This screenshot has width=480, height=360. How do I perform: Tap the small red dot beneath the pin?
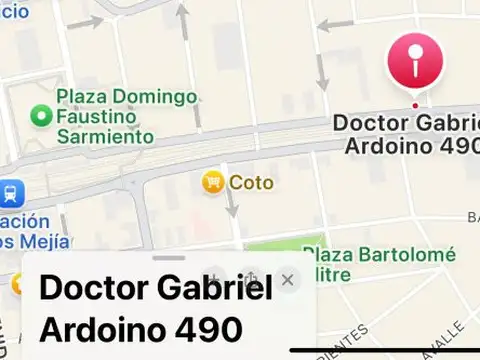coord(415,105)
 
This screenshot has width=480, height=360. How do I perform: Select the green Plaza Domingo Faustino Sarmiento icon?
coord(41,117)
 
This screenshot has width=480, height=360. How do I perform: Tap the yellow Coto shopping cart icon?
coord(212,182)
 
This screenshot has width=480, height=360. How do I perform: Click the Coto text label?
coord(251,183)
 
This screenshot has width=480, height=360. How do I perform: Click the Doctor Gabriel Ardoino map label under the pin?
coord(406,134)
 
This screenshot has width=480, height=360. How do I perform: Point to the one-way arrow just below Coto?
coord(231,204)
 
